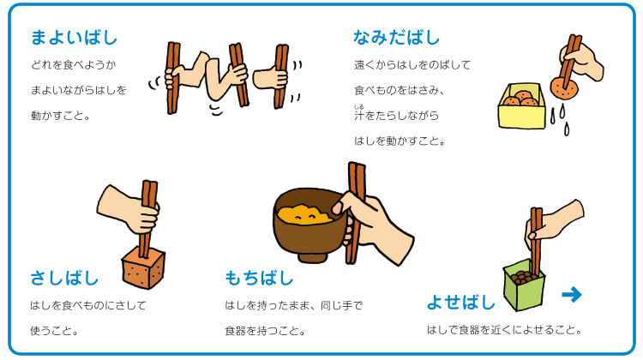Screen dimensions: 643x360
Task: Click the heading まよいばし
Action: [75, 38]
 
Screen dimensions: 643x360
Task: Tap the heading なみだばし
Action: [397, 38]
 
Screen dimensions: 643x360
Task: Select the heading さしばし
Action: [64, 278]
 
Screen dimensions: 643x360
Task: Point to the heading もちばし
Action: [259, 278]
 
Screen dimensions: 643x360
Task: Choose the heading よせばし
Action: [461, 303]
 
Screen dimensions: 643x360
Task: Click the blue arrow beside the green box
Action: [572, 294]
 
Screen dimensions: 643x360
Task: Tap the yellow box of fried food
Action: [522, 106]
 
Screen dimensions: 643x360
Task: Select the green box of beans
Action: [524, 285]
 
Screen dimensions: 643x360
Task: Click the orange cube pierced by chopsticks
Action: [143, 267]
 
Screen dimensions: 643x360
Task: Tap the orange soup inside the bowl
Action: [303, 214]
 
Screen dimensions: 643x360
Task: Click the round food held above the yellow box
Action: [564, 87]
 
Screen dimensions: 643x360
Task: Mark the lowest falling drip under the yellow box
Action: [567, 129]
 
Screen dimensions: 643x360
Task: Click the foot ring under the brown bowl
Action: [312, 258]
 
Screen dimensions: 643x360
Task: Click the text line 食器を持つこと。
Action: [265, 331]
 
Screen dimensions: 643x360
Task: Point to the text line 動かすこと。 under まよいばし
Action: [60, 116]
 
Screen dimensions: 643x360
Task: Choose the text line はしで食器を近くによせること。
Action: [504, 330]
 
